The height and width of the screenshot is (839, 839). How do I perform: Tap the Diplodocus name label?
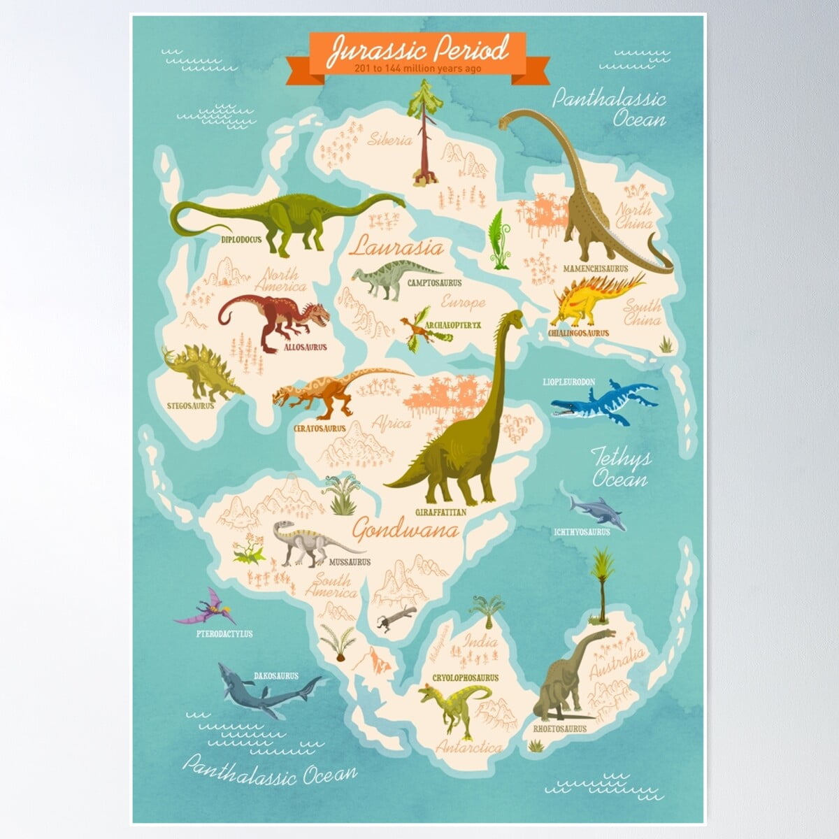[241, 239]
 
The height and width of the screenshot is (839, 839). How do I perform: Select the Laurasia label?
[397, 248]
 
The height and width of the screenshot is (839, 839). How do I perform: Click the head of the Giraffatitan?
[515, 318]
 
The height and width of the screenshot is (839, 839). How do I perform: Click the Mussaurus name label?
[349, 561]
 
